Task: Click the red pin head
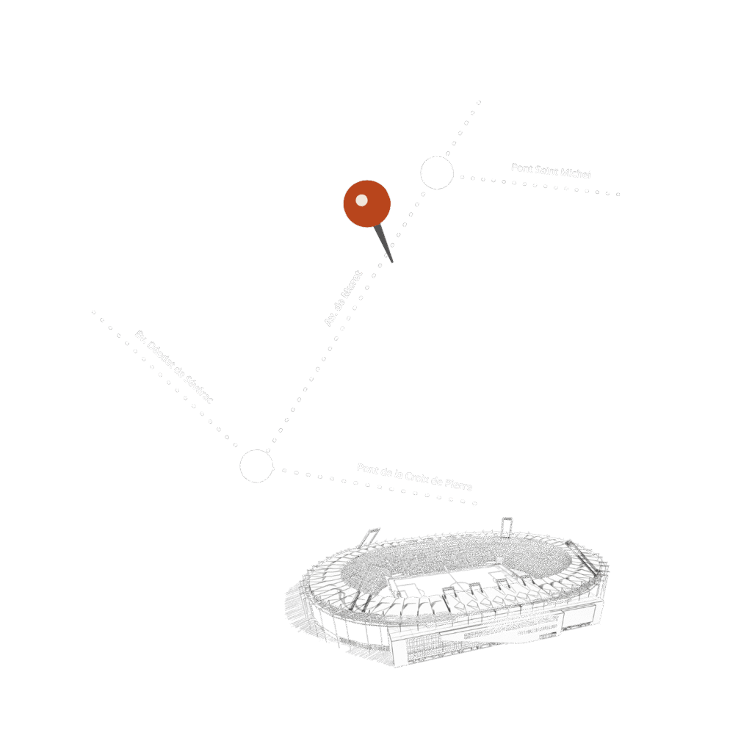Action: click(x=367, y=203)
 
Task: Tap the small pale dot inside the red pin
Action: click(x=361, y=200)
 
